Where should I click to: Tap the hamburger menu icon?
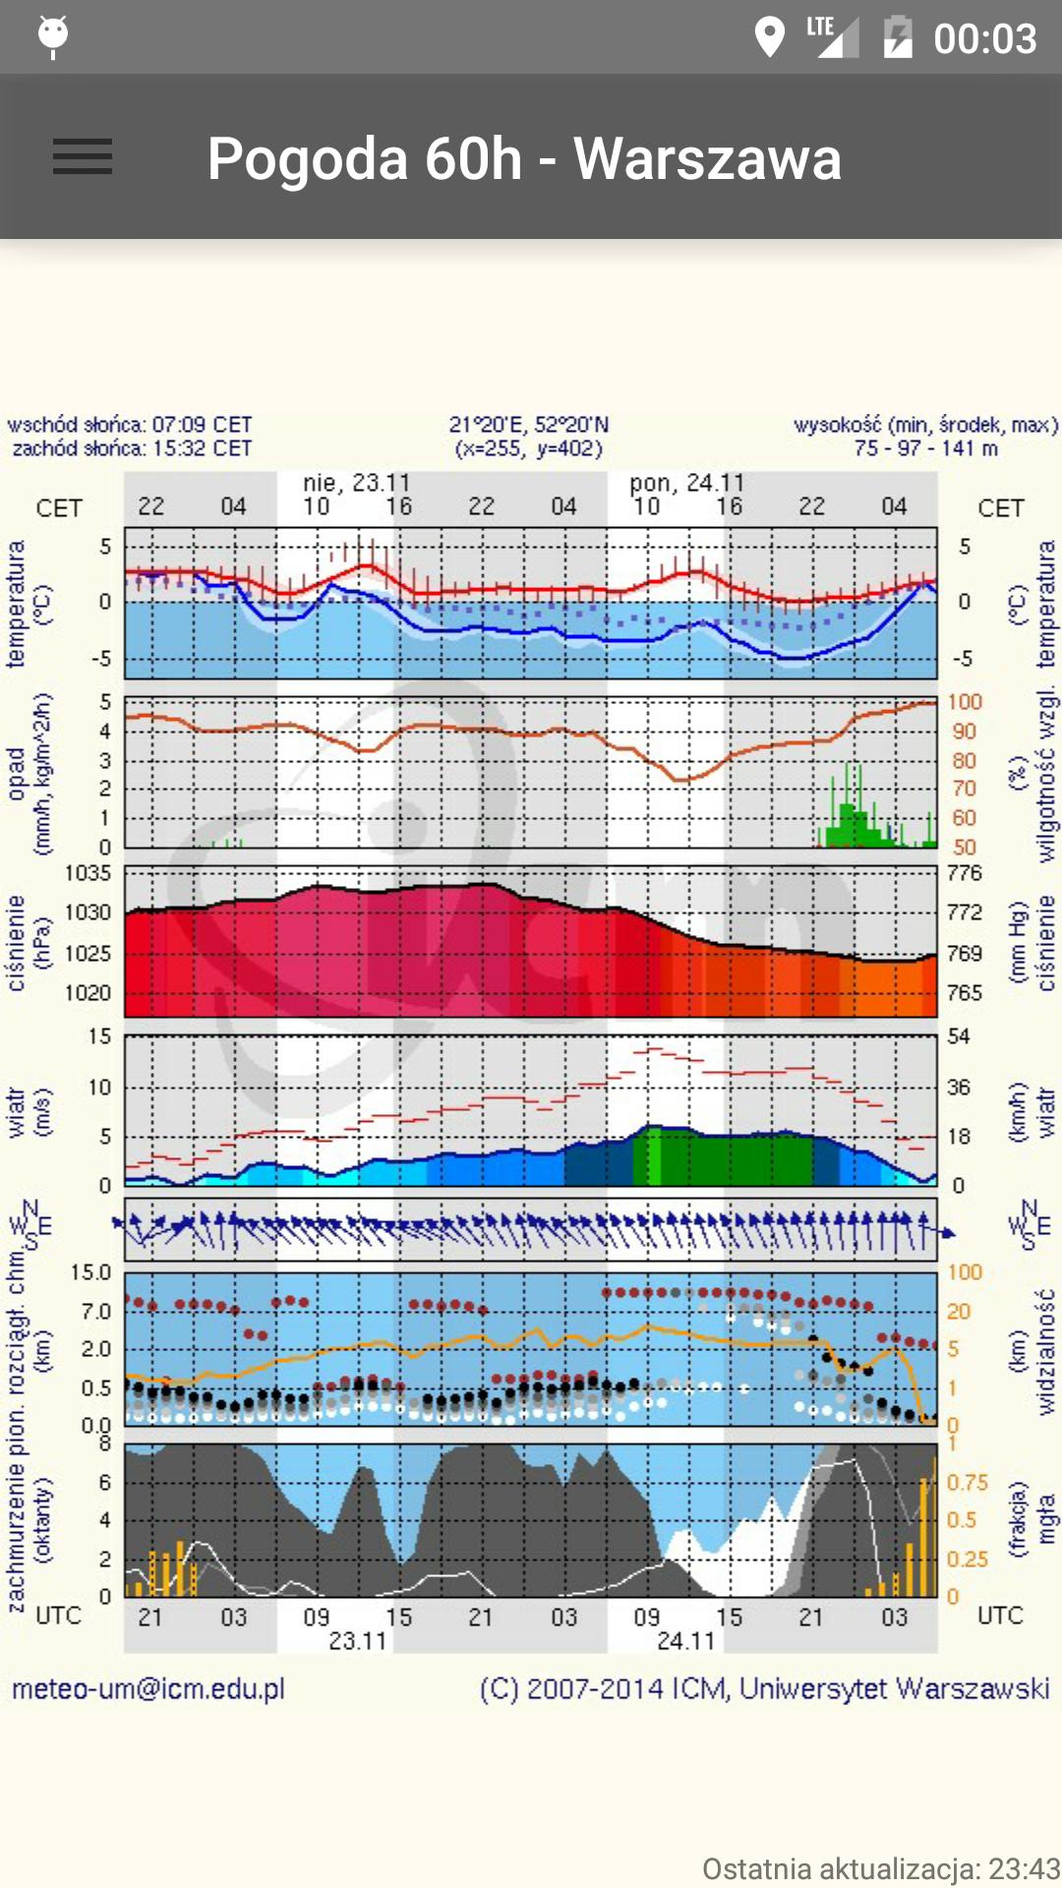pos(83,156)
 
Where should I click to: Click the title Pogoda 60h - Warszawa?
pos(524,159)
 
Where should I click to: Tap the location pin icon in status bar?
pos(769,38)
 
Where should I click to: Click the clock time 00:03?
pos(984,39)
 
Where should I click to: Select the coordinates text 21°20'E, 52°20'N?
pos(529,425)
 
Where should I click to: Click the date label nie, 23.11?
pos(356,483)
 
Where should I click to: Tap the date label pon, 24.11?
pos(686,483)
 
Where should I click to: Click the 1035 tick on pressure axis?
pos(88,873)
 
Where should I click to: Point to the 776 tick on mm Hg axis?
pos(964,873)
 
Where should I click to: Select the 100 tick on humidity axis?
pos(965,702)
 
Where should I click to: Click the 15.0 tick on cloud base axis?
pos(90,1272)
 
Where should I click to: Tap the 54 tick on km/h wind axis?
pos(959,1036)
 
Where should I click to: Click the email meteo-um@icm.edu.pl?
pos(148,1689)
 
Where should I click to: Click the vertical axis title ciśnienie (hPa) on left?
pos(28,942)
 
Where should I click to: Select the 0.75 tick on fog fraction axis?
pos(967,1483)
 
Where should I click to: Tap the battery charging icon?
pos(897,38)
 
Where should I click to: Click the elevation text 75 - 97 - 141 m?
pos(925,448)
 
